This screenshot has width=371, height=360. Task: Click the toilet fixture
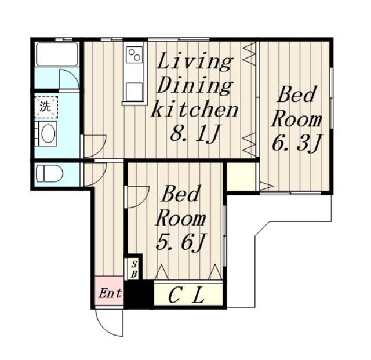coord(49,174)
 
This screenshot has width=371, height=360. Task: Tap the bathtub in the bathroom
coord(57,54)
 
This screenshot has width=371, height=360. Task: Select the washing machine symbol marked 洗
coord(46,107)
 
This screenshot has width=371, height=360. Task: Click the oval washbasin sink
coord(48,133)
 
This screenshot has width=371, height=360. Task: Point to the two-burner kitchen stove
coord(134,54)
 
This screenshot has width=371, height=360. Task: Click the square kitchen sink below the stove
coord(134,92)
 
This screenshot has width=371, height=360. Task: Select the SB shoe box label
coord(134,270)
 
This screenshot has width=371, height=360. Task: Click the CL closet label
coord(186,296)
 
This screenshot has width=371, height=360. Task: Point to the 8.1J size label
coord(195,134)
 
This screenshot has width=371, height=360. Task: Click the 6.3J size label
coord(296,143)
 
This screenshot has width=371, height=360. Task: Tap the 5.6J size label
coord(181,242)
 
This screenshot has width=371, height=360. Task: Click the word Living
coord(194,61)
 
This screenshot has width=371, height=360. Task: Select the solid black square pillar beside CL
coord(139,294)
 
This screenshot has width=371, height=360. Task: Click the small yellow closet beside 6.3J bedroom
coord(241,176)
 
